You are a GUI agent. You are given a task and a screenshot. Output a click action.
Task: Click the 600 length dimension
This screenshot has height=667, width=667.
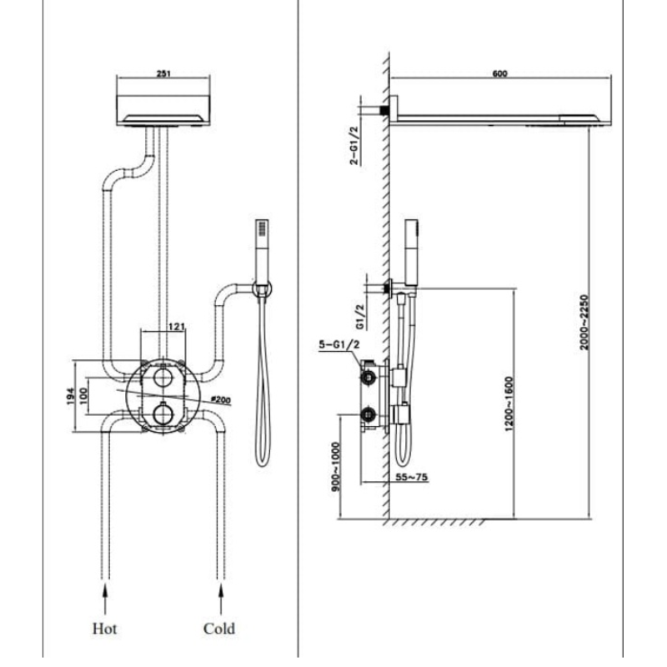point(499,74)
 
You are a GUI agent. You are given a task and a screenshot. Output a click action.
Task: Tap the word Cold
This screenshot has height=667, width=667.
point(219,628)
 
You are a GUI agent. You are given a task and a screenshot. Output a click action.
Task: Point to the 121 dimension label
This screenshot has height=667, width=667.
point(177,326)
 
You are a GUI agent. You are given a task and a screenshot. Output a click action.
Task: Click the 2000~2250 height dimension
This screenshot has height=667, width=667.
point(585,321)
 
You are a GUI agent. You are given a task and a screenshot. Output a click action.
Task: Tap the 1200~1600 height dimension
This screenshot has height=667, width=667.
point(509,404)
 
